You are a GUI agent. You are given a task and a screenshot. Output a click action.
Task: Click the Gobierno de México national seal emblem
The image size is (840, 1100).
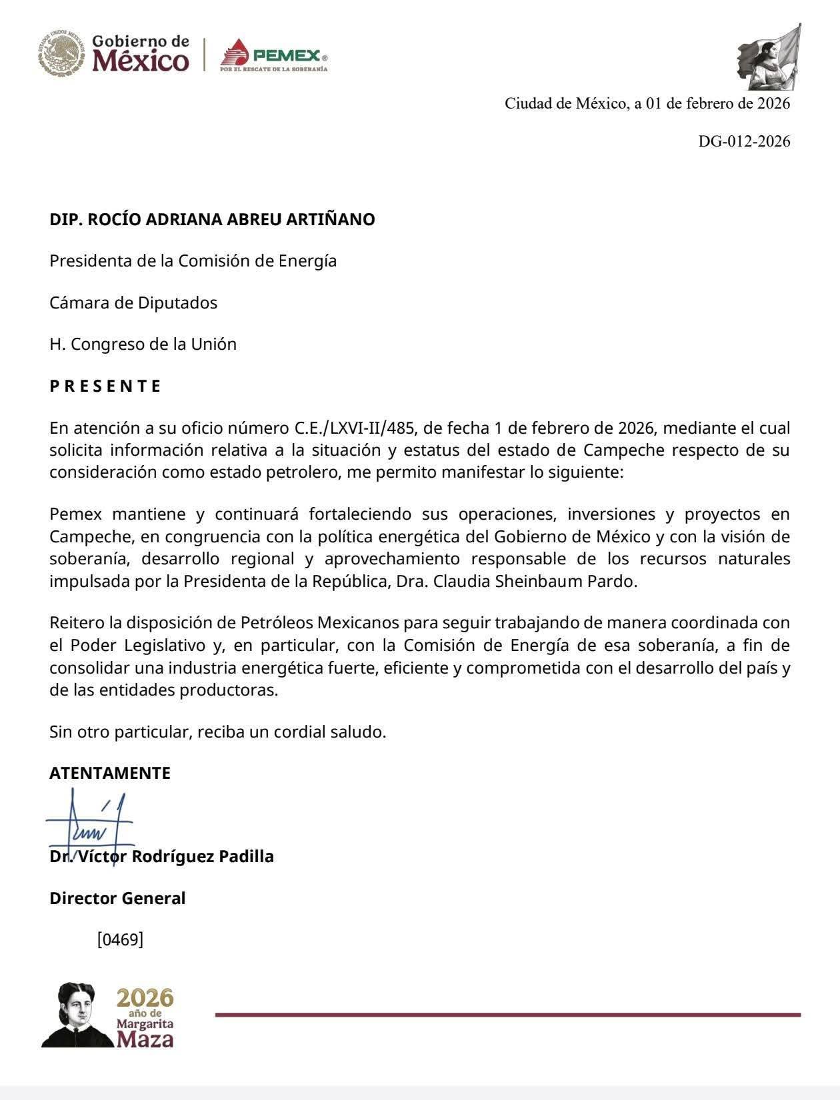61,52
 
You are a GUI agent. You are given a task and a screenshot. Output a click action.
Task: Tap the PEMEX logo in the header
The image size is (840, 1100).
274,54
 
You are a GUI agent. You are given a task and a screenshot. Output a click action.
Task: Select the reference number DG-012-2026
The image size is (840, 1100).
744,141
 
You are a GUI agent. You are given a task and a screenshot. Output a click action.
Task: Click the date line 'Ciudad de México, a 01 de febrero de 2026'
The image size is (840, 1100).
647,103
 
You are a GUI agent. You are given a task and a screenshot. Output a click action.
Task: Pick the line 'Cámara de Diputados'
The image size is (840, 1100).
133,302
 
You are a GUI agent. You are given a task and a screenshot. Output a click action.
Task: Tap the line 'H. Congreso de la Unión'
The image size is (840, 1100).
143,344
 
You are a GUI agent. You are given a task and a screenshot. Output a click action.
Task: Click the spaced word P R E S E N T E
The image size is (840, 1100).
105,386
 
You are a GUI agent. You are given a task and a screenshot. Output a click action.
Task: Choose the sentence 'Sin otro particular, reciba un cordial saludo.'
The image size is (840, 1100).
217,732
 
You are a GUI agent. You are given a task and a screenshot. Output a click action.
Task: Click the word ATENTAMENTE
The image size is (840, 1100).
110,773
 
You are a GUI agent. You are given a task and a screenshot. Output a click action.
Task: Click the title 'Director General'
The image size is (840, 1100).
117,898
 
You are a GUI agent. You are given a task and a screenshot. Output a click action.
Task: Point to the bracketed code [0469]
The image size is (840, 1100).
120,940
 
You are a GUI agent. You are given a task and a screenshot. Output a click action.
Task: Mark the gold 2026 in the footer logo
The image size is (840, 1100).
145,997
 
